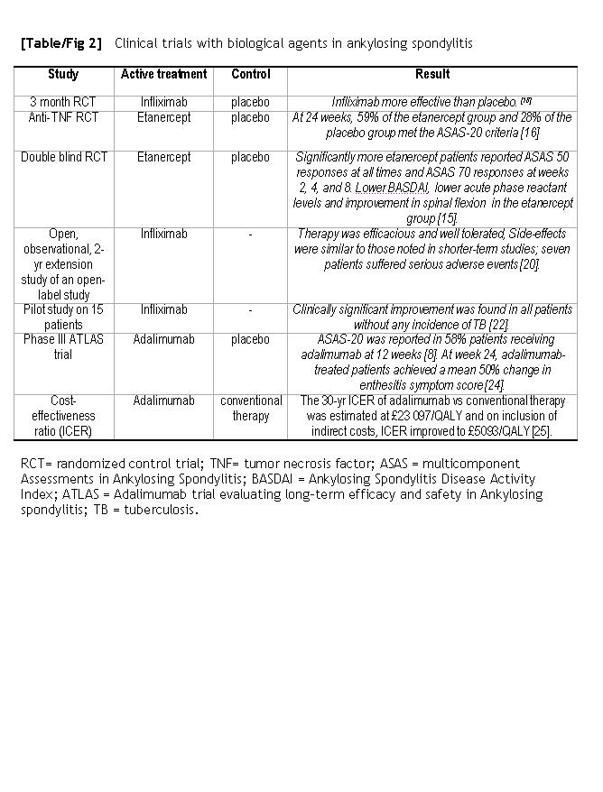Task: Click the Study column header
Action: point(62,74)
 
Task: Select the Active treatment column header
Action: point(163,74)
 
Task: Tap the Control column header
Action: point(250,74)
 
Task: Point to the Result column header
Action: point(432,74)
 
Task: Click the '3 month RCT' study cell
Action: point(62,102)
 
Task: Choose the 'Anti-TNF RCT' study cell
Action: point(62,117)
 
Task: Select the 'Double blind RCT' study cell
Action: point(64,157)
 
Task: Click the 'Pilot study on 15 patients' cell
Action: point(62,317)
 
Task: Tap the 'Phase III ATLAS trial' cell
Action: point(62,347)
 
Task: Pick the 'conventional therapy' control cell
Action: point(250,408)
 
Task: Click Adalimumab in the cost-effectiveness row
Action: point(163,401)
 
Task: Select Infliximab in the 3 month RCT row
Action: point(163,102)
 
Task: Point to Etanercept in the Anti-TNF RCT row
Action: point(163,117)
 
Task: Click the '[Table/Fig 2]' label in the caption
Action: point(61,43)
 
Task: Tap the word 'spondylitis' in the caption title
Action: point(441,43)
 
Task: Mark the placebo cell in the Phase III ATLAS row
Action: point(250,340)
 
